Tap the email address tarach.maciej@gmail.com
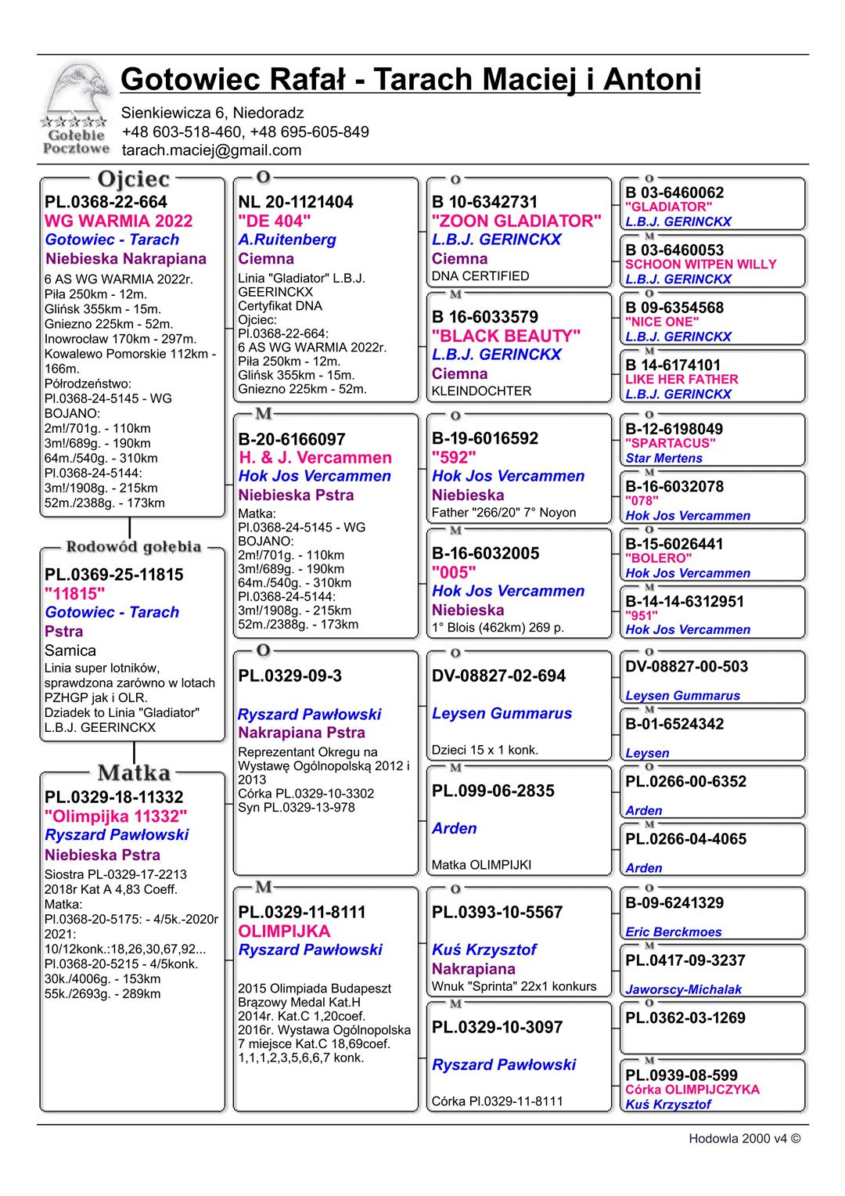[x=211, y=150]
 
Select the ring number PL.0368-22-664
[x=106, y=202]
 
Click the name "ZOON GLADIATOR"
[x=516, y=221]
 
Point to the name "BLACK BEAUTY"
[x=505, y=336]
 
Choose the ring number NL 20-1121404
[x=295, y=202]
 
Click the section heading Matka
[x=134, y=773]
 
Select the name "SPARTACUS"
[x=671, y=443]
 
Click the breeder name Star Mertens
[x=663, y=458]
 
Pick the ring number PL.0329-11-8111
[x=301, y=912]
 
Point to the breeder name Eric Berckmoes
[x=673, y=931]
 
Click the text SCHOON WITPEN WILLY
[x=700, y=265]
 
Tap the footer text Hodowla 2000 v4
[x=743, y=1139]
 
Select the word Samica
[x=70, y=650]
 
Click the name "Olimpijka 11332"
[x=116, y=816]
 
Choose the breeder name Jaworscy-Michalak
[x=683, y=989]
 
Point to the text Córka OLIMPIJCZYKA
[x=692, y=1089]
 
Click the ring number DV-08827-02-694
[x=498, y=675]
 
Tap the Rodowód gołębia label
[x=133, y=546]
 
